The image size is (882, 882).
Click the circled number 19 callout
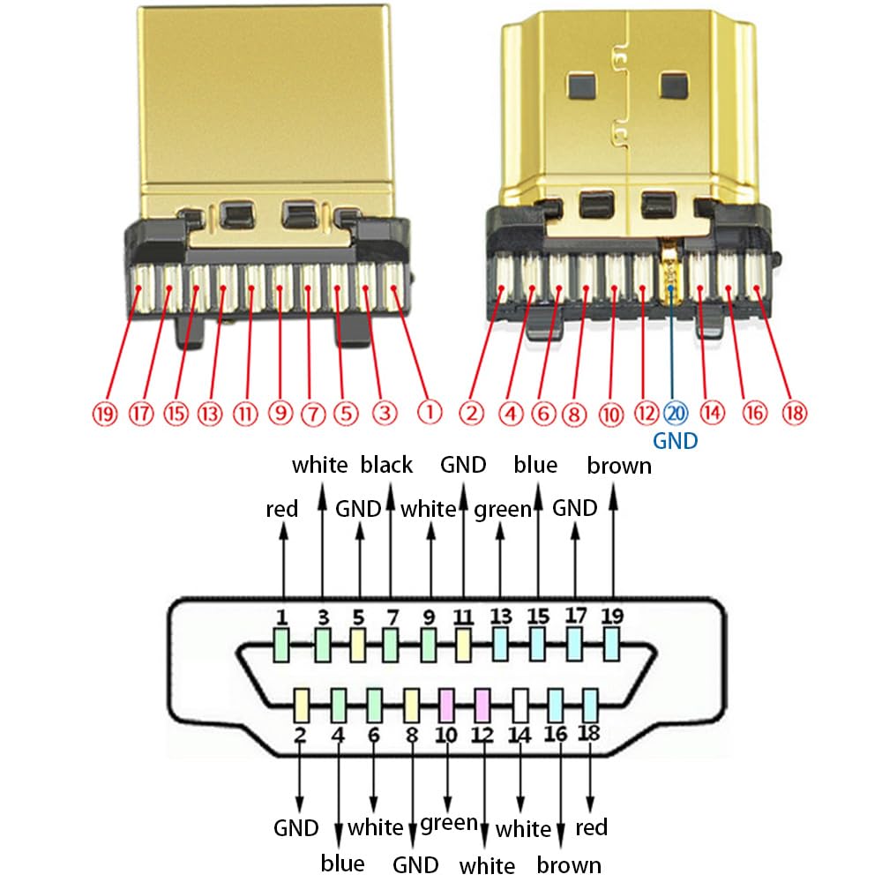[x=105, y=412]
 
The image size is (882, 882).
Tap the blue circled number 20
[x=675, y=412]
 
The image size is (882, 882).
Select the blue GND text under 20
[x=675, y=439]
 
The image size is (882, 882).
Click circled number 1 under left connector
[x=429, y=412]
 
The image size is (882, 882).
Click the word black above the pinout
[x=387, y=465]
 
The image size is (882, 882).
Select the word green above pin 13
[x=503, y=509]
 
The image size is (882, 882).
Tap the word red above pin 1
[x=282, y=509]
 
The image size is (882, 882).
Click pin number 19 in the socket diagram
[x=611, y=617]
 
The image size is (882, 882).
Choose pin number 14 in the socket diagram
[x=520, y=731]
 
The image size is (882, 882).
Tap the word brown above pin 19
[x=619, y=465]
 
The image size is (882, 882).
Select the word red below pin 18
[x=591, y=827]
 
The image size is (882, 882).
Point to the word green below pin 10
[x=449, y=824]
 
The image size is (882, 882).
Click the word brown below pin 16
[x=569, y=864]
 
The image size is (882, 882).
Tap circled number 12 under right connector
[x=646, y=412]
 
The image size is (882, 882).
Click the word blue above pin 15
[x=535, y=465]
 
